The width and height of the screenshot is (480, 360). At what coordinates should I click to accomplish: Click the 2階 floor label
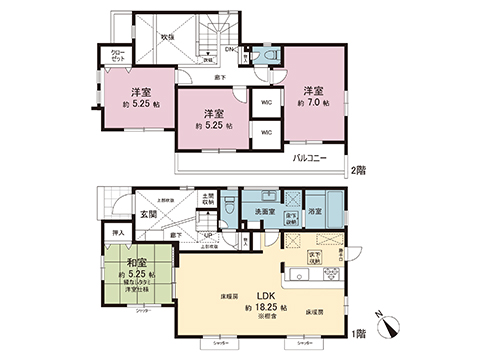pos(357,170)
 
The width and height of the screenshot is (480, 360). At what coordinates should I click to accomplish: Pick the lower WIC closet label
pos(265,133)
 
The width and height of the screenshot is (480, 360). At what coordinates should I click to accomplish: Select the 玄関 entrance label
pos(148,213)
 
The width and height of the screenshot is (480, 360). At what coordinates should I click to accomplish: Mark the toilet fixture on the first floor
pos(228,209)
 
